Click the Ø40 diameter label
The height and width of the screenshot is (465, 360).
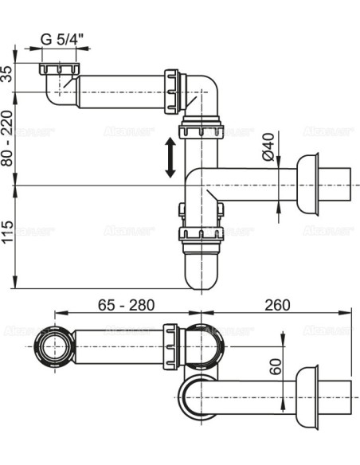click(269, 146)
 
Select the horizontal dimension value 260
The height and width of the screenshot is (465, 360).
click(276, 306)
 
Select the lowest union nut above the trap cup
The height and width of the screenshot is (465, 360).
click(200, 235)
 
